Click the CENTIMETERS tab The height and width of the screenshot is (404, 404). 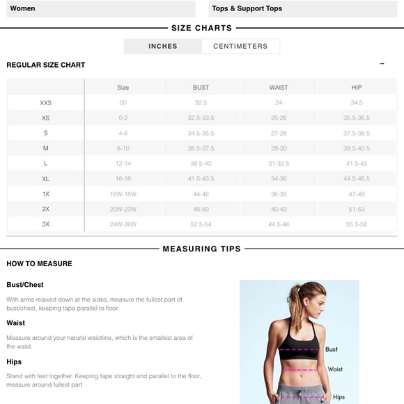(x=240, y=46)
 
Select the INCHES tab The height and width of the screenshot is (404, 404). (x=163, y=46)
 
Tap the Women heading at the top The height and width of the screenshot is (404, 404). (x=22, y=8)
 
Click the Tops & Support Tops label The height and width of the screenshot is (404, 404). (x=247, y=8)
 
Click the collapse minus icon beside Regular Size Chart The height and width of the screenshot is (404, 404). (x=382, y=64)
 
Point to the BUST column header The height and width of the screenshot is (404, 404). (x=201, y=87)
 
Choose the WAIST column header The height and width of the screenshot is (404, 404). (x=279, y=87)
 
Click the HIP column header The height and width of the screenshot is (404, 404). (x=357, y=87)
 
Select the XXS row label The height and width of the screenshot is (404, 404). (x=46, y=102)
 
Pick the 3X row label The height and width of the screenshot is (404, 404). (x=46, y=224)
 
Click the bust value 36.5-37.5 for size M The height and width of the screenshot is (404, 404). (x=201, y=148)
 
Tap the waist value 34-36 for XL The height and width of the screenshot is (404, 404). (x=279, y=179)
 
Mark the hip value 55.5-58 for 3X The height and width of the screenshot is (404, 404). (x=357, y=224)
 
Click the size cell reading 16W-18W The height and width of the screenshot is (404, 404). (x=123, y=194)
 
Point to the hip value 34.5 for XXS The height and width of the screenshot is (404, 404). (x=357, y=102)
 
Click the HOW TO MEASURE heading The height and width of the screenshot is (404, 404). (x=39, y=263)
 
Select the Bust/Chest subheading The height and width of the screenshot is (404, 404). (x=25, y=285)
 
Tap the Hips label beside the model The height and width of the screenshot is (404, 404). (x=339, y=397)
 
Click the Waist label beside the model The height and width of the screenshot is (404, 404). (x=335, y=369)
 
